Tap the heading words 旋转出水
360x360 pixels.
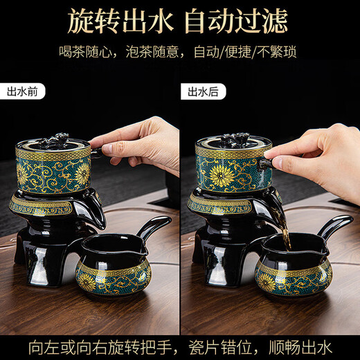point(116,22)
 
